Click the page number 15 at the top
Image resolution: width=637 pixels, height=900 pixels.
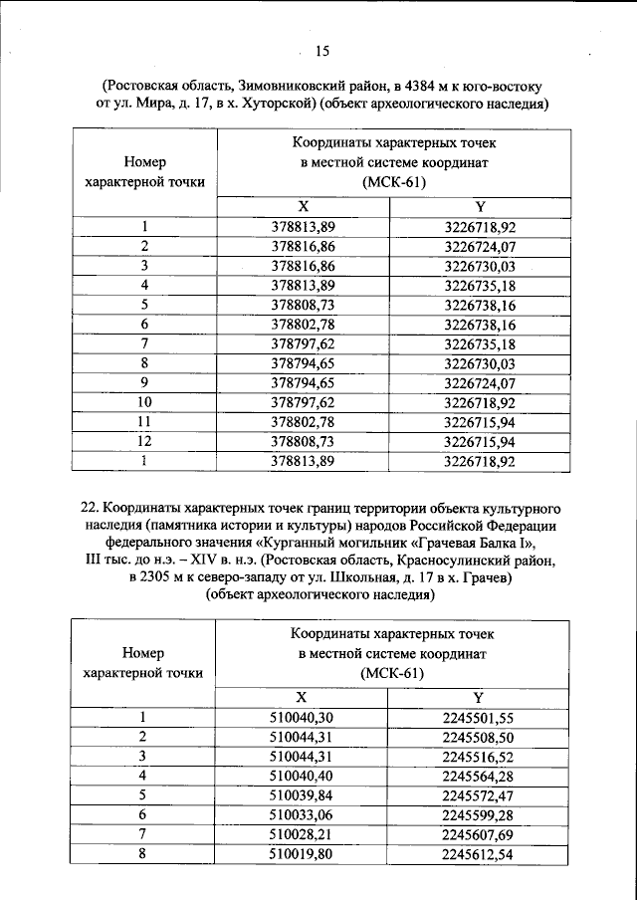tap(321, 53)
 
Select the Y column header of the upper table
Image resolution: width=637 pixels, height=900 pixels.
tap(479, 207)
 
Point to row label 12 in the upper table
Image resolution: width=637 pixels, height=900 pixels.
tap(144, 440)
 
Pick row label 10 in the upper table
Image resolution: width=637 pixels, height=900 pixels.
tap(144, 401)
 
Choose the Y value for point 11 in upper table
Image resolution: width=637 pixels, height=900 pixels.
tap(480, 421)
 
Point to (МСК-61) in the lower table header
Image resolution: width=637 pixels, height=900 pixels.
tap(392, 674)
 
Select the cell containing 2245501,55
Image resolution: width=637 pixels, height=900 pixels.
tap(478, 716)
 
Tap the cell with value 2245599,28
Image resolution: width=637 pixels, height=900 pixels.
tap(478, 813)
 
